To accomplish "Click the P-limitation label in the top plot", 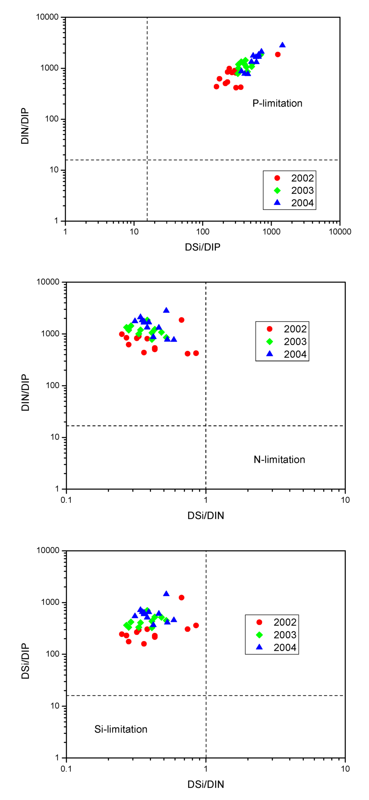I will (277, 104).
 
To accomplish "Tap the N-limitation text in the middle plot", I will (279, 460).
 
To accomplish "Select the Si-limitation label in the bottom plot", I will (121, 729).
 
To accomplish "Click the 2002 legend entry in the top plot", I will (302, 178).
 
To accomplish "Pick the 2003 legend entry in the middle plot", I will (295, 342).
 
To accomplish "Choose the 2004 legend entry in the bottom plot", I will (284, 647).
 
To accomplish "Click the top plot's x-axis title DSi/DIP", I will (203, 247).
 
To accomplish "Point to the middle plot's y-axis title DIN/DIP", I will (25, 393).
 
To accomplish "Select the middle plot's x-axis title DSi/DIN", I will (206, 516).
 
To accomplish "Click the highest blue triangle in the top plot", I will (283, 45).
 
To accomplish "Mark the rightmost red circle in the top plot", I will (278, 54).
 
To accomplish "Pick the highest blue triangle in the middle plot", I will (166, 310).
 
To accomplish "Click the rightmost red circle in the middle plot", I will (196, 353).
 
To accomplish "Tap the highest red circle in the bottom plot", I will (182, 598).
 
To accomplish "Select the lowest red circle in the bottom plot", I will (144, 644).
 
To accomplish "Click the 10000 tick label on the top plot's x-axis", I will (340, 232).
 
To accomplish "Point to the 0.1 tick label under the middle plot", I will (66, 500).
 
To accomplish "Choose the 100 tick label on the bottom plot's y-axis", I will (53, 654).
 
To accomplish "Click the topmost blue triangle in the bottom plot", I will (166, 594).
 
